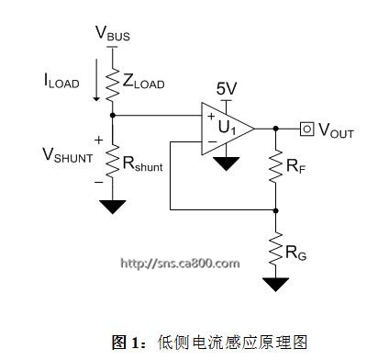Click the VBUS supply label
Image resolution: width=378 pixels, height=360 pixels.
113,33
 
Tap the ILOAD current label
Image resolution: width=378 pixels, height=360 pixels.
61,81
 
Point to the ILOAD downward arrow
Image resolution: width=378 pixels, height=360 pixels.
96,80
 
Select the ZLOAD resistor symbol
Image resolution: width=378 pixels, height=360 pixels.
112,84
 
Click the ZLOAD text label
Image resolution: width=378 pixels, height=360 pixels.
143,82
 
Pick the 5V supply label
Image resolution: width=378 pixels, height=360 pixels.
227,89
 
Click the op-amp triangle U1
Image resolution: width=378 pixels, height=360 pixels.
228,129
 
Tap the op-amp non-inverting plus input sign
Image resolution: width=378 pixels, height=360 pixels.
211,116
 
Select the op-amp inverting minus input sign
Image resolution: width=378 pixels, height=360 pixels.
212,141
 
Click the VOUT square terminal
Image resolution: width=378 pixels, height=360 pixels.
306,129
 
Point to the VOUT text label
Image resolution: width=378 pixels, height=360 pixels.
336,130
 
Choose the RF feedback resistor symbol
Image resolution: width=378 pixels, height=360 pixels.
275,166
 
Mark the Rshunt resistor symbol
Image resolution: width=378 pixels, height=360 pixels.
112,161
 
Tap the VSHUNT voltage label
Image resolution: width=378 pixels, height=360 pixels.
68,155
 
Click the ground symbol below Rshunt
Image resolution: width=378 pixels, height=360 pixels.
113,207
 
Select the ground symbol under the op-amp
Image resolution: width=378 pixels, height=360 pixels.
226,163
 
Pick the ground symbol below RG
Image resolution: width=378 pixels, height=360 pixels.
275,285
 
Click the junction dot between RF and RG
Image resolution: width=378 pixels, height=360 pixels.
275,210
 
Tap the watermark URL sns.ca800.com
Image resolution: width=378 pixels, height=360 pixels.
180,264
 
